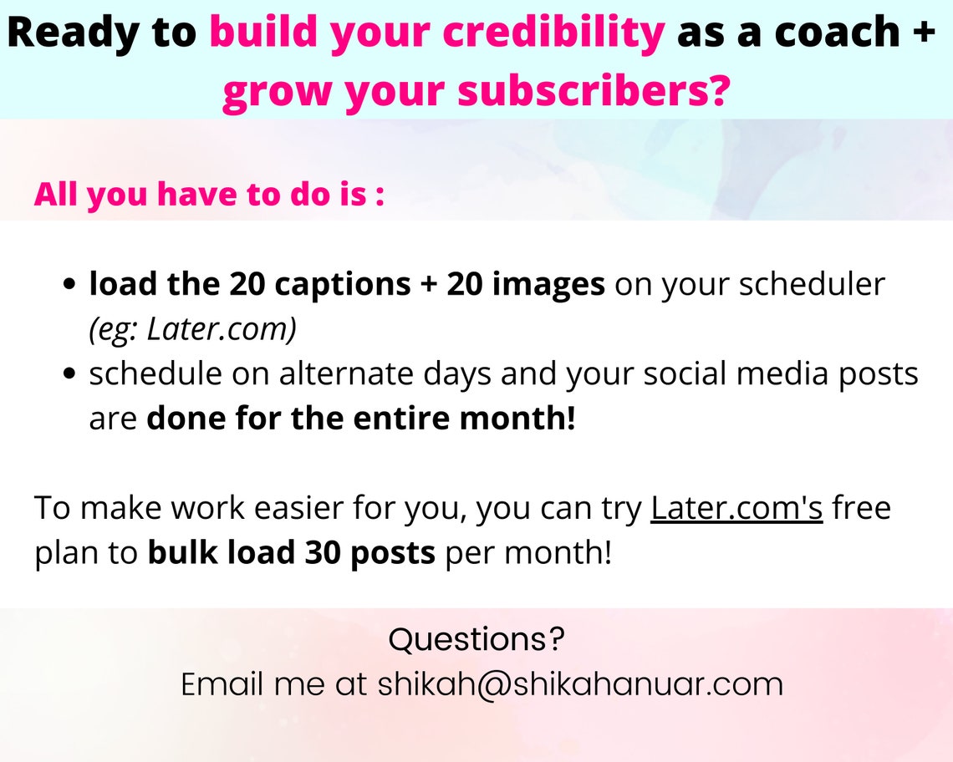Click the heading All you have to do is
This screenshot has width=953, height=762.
209,195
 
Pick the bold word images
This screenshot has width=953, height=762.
548,285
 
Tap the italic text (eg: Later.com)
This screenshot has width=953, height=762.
193,330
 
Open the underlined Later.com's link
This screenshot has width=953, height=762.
736,508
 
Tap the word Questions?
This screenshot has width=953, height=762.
476,641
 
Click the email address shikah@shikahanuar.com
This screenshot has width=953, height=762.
580,684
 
